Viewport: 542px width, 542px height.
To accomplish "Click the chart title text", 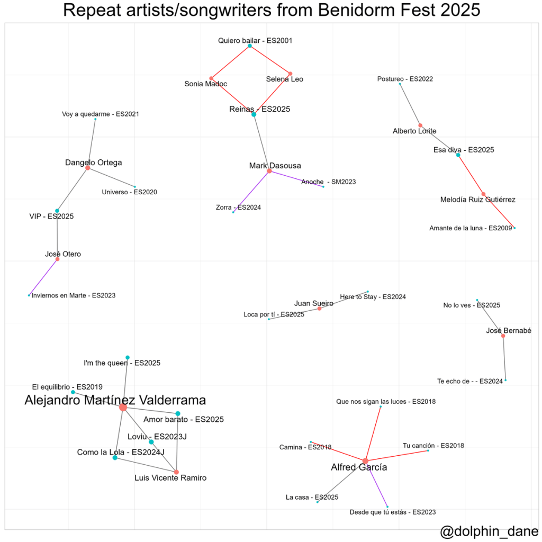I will coord(271,11).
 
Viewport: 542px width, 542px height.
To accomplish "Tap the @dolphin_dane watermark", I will coord(489,531).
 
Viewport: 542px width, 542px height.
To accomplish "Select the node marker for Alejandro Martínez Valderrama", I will coord(123,407).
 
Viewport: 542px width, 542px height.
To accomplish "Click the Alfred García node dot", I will coord(365,461).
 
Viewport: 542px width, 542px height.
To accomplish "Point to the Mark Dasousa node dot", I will coord(269,171).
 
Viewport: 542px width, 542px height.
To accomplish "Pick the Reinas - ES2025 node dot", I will coord(254,114).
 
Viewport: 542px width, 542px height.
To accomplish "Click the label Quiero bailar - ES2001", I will coord(255,40).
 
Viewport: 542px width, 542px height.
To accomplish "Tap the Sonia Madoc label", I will coord(205,84).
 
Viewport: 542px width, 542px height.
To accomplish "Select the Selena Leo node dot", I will coord(290,73).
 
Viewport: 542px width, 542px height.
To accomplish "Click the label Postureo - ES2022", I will coord(405,79).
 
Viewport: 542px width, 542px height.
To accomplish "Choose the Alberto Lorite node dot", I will coord(420,125).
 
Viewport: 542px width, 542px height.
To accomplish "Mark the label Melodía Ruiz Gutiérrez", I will coord(477,200).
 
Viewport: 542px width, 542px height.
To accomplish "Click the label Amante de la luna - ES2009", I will coord(471,228).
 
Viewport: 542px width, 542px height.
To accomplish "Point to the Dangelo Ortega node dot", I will coord(87,168).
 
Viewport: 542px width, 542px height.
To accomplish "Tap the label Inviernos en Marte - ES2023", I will coord(74,295).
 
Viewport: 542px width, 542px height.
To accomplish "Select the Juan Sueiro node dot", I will coord(319,309).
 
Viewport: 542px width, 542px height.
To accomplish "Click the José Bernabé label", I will coord(508,331).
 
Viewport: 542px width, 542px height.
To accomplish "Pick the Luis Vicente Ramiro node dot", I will coord(176,472).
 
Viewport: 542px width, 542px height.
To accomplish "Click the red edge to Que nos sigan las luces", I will coord(374,432).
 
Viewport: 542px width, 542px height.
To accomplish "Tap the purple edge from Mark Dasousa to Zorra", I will coord(251,192).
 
